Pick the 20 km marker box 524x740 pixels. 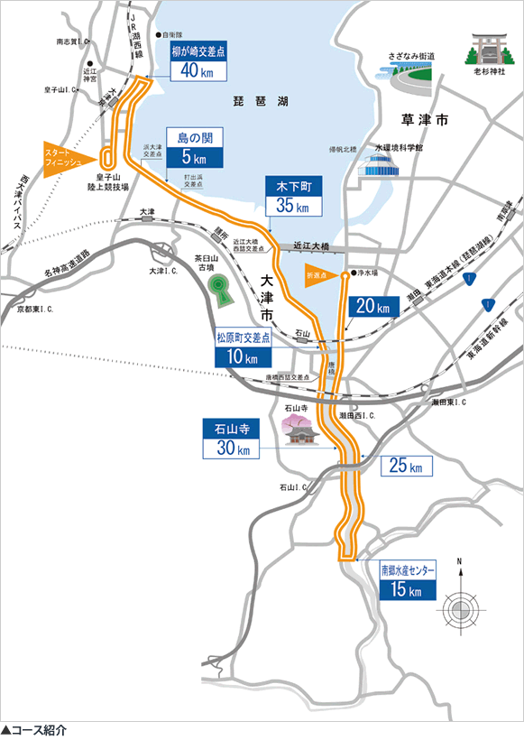pyautogui.click(x=373, y=307)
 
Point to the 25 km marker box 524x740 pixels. pyautogui.click(x=408, y=467)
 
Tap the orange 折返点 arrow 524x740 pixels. pyautogui.click(x=317, y=274)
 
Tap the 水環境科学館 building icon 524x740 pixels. pyautogui.click(x=380, y=164)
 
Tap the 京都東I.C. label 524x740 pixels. pyautogui.click(x=35, y=309)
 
